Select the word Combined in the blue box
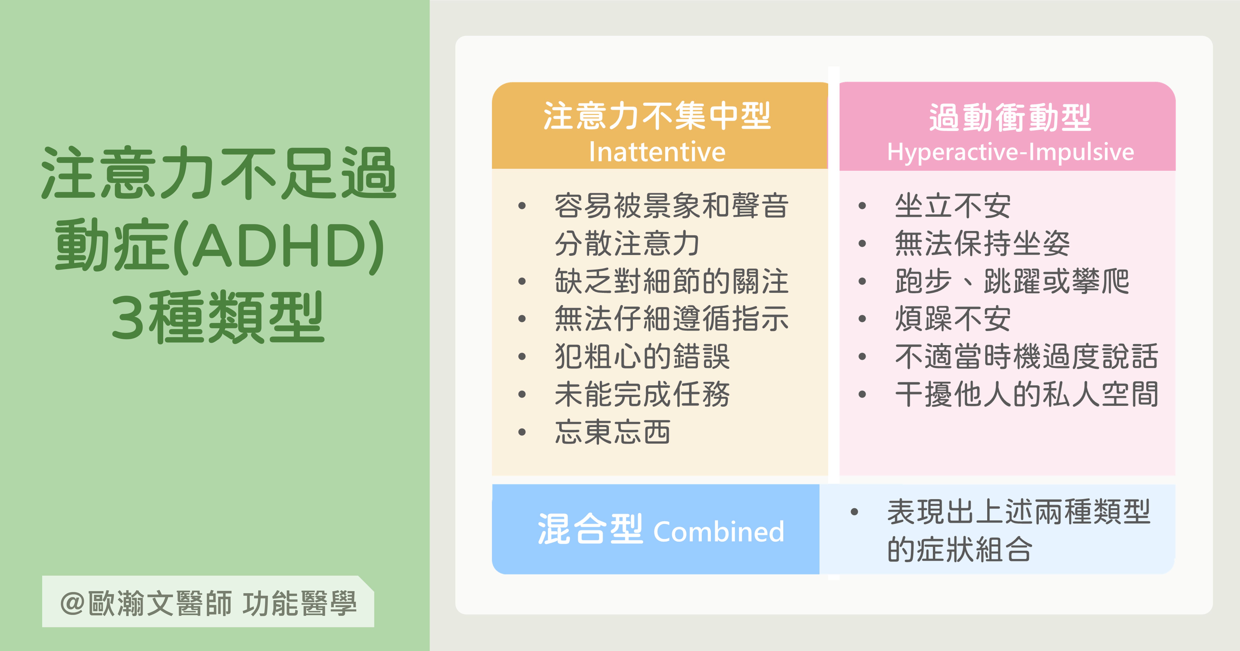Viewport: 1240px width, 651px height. (719, 531)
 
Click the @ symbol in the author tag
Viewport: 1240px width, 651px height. (73, 603)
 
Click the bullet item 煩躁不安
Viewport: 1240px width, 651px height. (953, 319)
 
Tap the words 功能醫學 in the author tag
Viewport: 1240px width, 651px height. (299, 603)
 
